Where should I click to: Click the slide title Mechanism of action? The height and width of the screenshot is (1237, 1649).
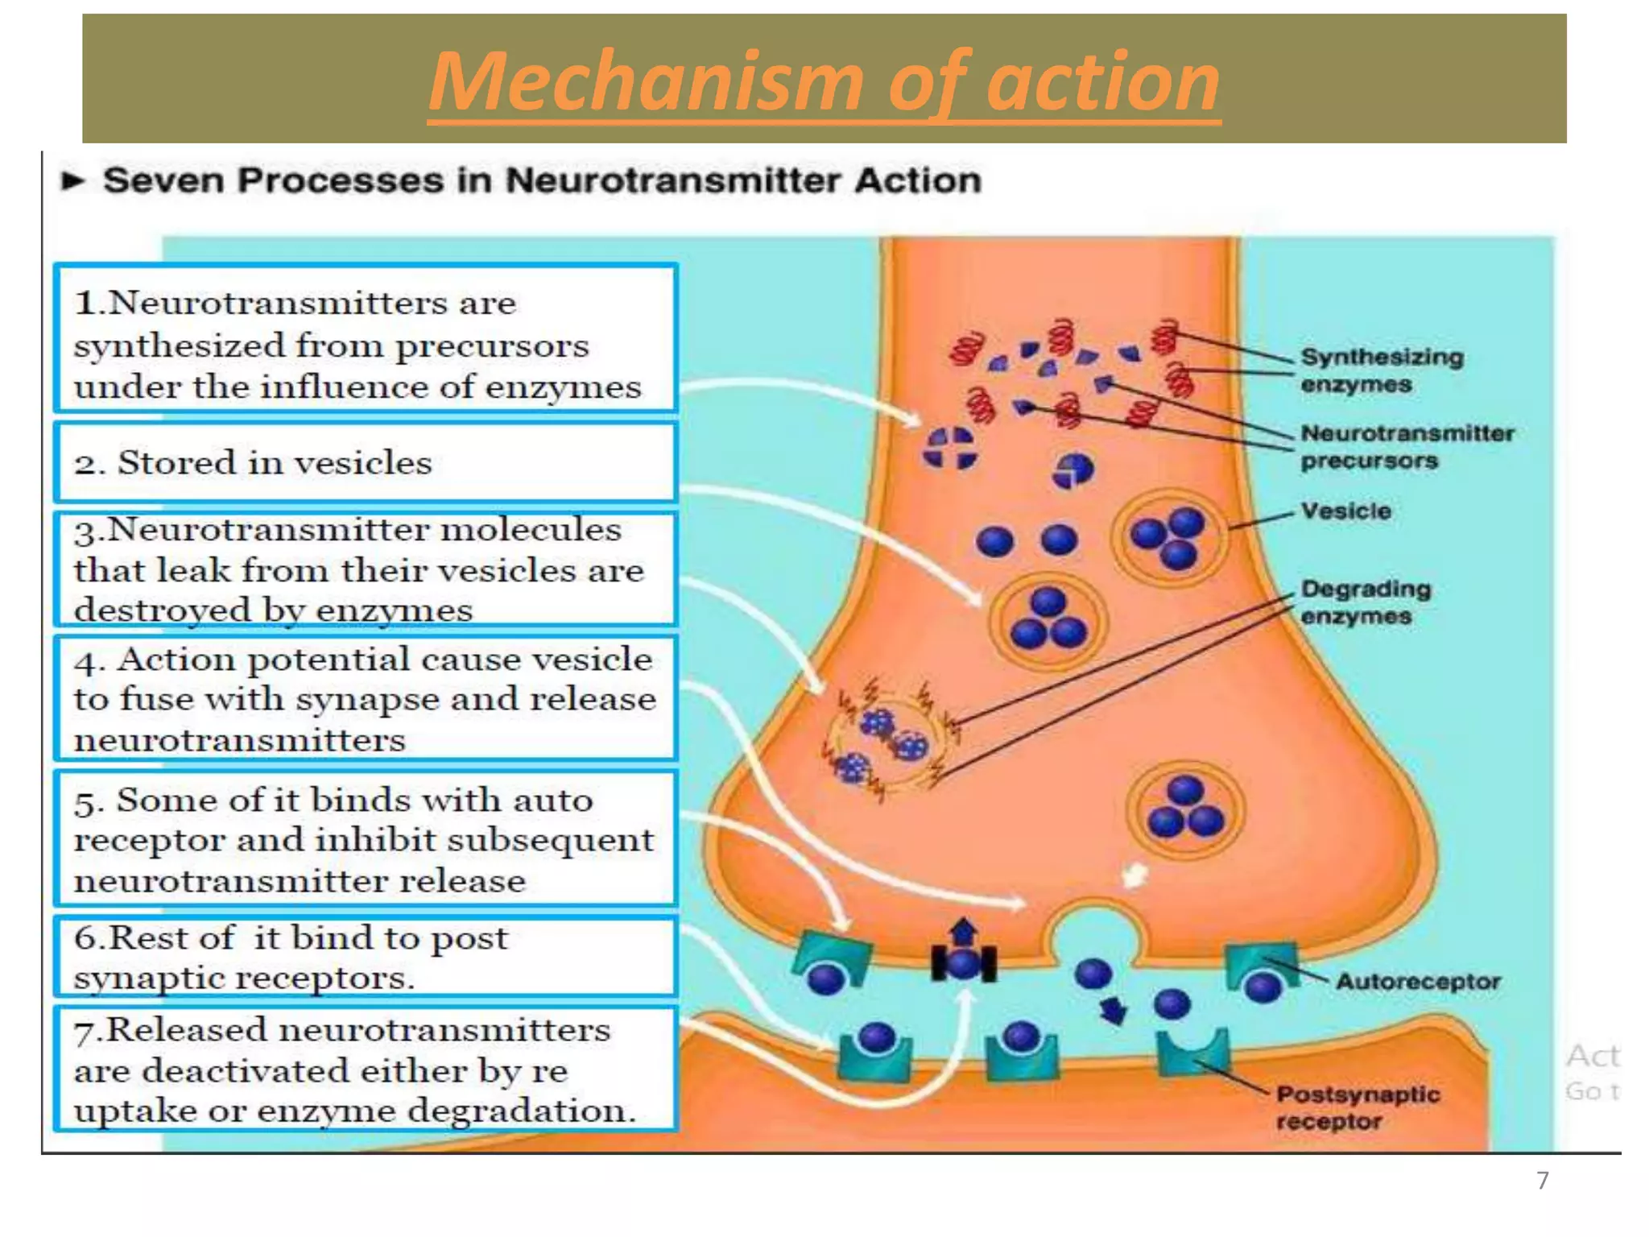824,81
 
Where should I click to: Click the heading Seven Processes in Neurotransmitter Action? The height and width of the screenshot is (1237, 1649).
541,180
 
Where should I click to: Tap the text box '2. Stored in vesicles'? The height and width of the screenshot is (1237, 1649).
365,463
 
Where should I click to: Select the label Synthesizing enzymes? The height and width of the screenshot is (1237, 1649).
1382,370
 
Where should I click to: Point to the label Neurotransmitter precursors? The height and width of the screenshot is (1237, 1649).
1407,447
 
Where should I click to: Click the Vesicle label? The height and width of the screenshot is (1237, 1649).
1345,511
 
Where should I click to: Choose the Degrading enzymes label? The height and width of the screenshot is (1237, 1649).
1366,602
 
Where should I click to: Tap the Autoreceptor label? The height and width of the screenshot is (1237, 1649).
1418,981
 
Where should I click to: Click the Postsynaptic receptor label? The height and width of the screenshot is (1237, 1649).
1358,1107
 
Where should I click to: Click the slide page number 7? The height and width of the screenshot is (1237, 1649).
1542,1181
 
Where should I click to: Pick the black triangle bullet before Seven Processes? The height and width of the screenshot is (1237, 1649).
73,181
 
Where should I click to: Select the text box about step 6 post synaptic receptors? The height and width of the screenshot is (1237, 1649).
365,957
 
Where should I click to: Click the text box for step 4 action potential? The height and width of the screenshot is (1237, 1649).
365,698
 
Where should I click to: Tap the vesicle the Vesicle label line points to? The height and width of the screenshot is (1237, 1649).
1169,535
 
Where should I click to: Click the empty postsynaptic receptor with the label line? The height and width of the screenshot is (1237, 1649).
1192,1051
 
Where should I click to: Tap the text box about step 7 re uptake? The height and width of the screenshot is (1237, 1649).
365,1069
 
